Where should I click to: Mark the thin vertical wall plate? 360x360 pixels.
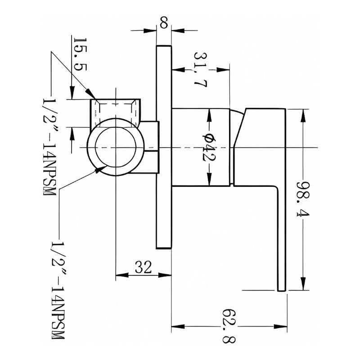click(x=164, y=147)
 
